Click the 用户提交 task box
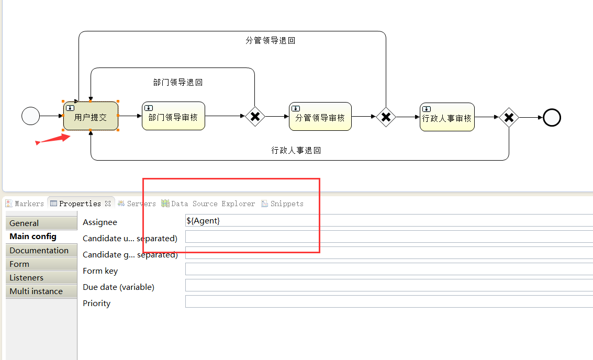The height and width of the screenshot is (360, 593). click(x=91, y=116)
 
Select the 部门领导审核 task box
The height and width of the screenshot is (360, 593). click(x=173, y=116)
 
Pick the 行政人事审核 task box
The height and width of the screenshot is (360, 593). click(x=447, y=117)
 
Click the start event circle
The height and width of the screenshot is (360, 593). click(x=31, y=116)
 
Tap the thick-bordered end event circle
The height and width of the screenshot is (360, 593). click(x=552, y=117)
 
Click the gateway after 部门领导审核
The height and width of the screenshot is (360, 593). click(x=255, y=116)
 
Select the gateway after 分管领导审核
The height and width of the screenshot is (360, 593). click(x=386, y=117)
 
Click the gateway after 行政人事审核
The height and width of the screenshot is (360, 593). click(x=508, y=117)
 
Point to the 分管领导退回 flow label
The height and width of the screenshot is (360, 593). click(x=271, y=40)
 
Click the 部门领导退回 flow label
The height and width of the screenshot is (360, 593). click(x=177, y=82)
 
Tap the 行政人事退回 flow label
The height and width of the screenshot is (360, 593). click(x=296, y=150)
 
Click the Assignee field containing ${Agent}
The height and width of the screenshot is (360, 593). click(x=387, y=221)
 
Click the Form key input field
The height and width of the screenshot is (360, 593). click(x=387, y=269)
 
